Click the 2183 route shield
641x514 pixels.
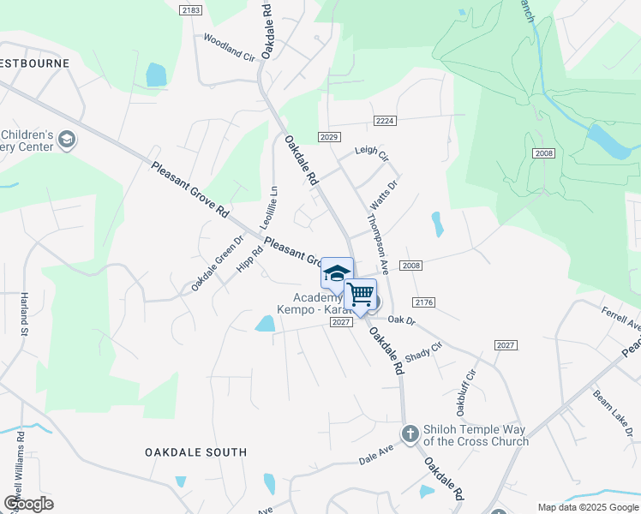[191, 9]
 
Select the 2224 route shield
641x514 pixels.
[384, 121]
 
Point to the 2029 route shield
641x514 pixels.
[329, 137]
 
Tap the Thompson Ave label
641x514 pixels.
[378, 242]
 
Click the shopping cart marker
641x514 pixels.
[361, 294]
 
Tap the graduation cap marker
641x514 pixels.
[337, 273]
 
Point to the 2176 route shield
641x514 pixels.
[424, 302]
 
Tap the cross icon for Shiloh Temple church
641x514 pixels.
[410, 433]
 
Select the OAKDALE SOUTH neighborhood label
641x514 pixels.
[195, 451]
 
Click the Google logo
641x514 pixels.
[29, 503]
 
